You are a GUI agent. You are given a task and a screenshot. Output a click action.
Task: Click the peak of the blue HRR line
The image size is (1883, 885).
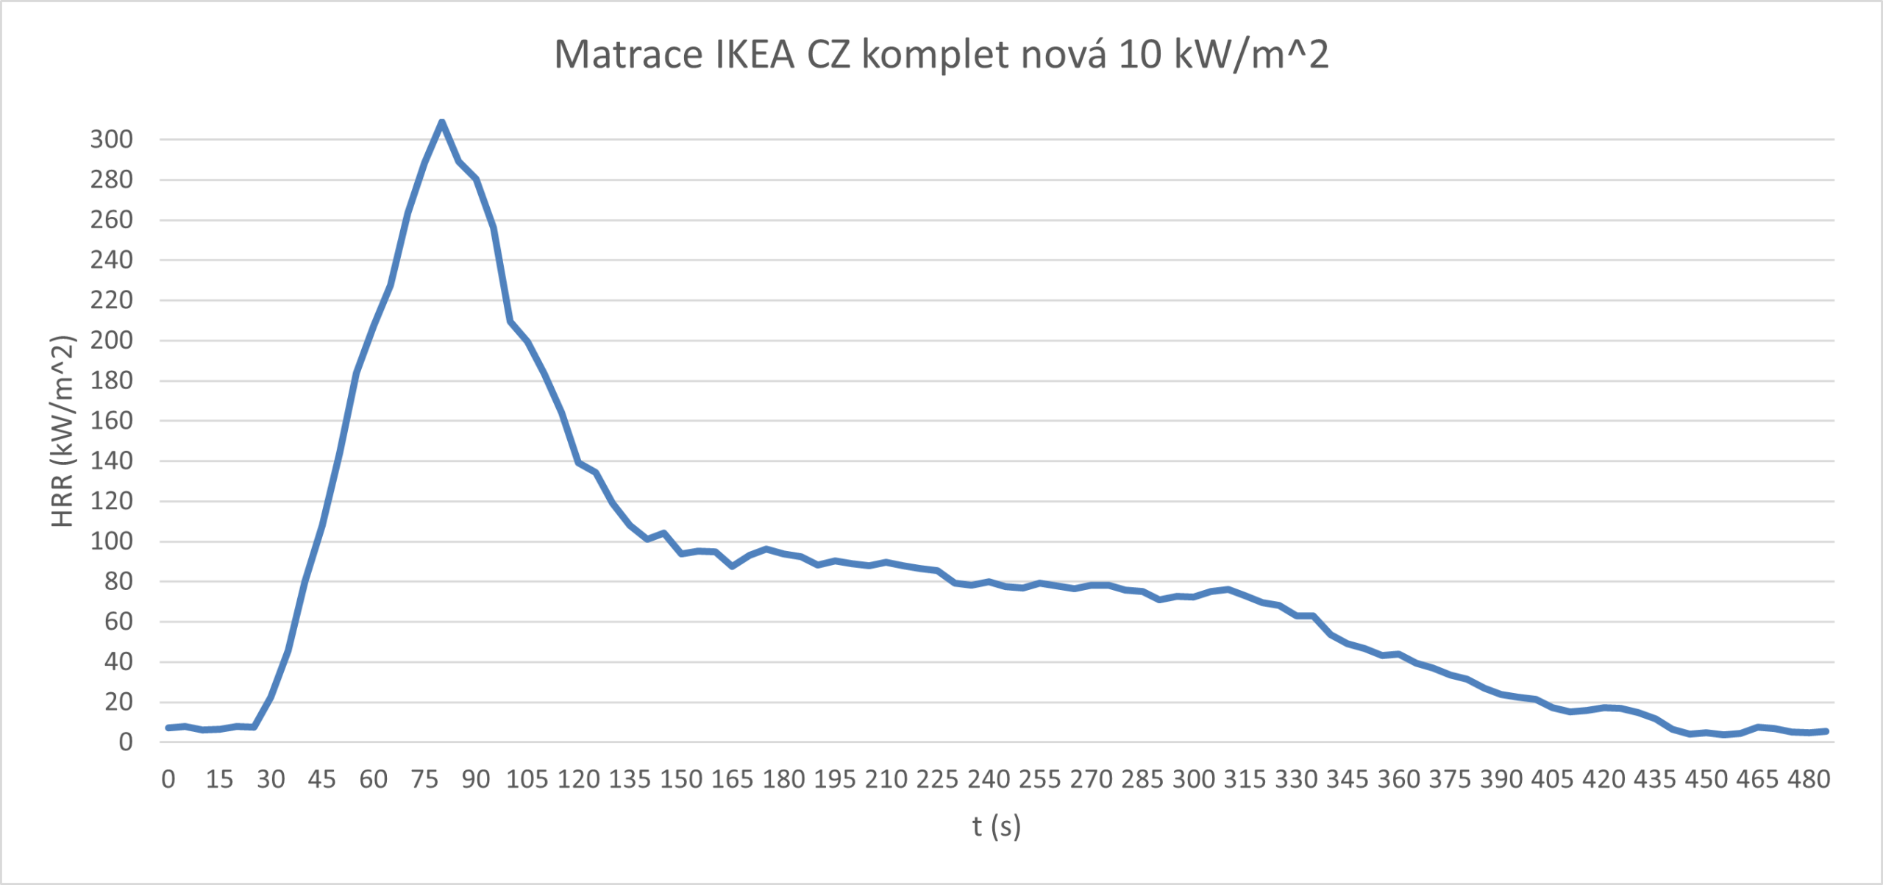tap(441, 122)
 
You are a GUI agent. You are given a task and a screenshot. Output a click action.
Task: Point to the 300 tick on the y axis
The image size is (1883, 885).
tap(112, 139)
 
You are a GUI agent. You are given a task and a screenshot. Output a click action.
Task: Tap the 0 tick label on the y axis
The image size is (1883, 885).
tap(126, 742)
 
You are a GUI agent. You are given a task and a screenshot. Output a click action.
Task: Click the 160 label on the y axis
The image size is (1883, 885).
tap(112, 421)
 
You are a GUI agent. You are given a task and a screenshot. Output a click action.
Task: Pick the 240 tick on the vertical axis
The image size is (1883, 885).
tap(112, 260)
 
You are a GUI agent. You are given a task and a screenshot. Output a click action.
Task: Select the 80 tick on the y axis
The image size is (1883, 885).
tap(118, 581)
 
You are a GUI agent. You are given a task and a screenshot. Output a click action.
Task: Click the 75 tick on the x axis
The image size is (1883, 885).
tap(425, 779)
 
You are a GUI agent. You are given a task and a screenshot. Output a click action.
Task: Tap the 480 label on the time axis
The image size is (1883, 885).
tap(1809, 779)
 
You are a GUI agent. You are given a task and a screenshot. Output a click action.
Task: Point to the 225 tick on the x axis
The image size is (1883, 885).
tap(937, 779)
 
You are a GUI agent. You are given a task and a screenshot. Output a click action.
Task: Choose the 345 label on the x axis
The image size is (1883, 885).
tap(1347, 779)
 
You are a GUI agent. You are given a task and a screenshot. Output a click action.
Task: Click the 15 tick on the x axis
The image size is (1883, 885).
tap(219, 779)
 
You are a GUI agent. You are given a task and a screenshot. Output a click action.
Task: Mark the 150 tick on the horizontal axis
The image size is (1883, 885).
tap(681, 779)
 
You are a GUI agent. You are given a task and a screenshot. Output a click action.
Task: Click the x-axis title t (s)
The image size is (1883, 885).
tap(997, 826)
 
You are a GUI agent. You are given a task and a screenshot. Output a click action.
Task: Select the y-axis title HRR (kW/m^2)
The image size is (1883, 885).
tap(63, 432)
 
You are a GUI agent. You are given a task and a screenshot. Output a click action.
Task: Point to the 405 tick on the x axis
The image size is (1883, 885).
tap(1552, 779)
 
